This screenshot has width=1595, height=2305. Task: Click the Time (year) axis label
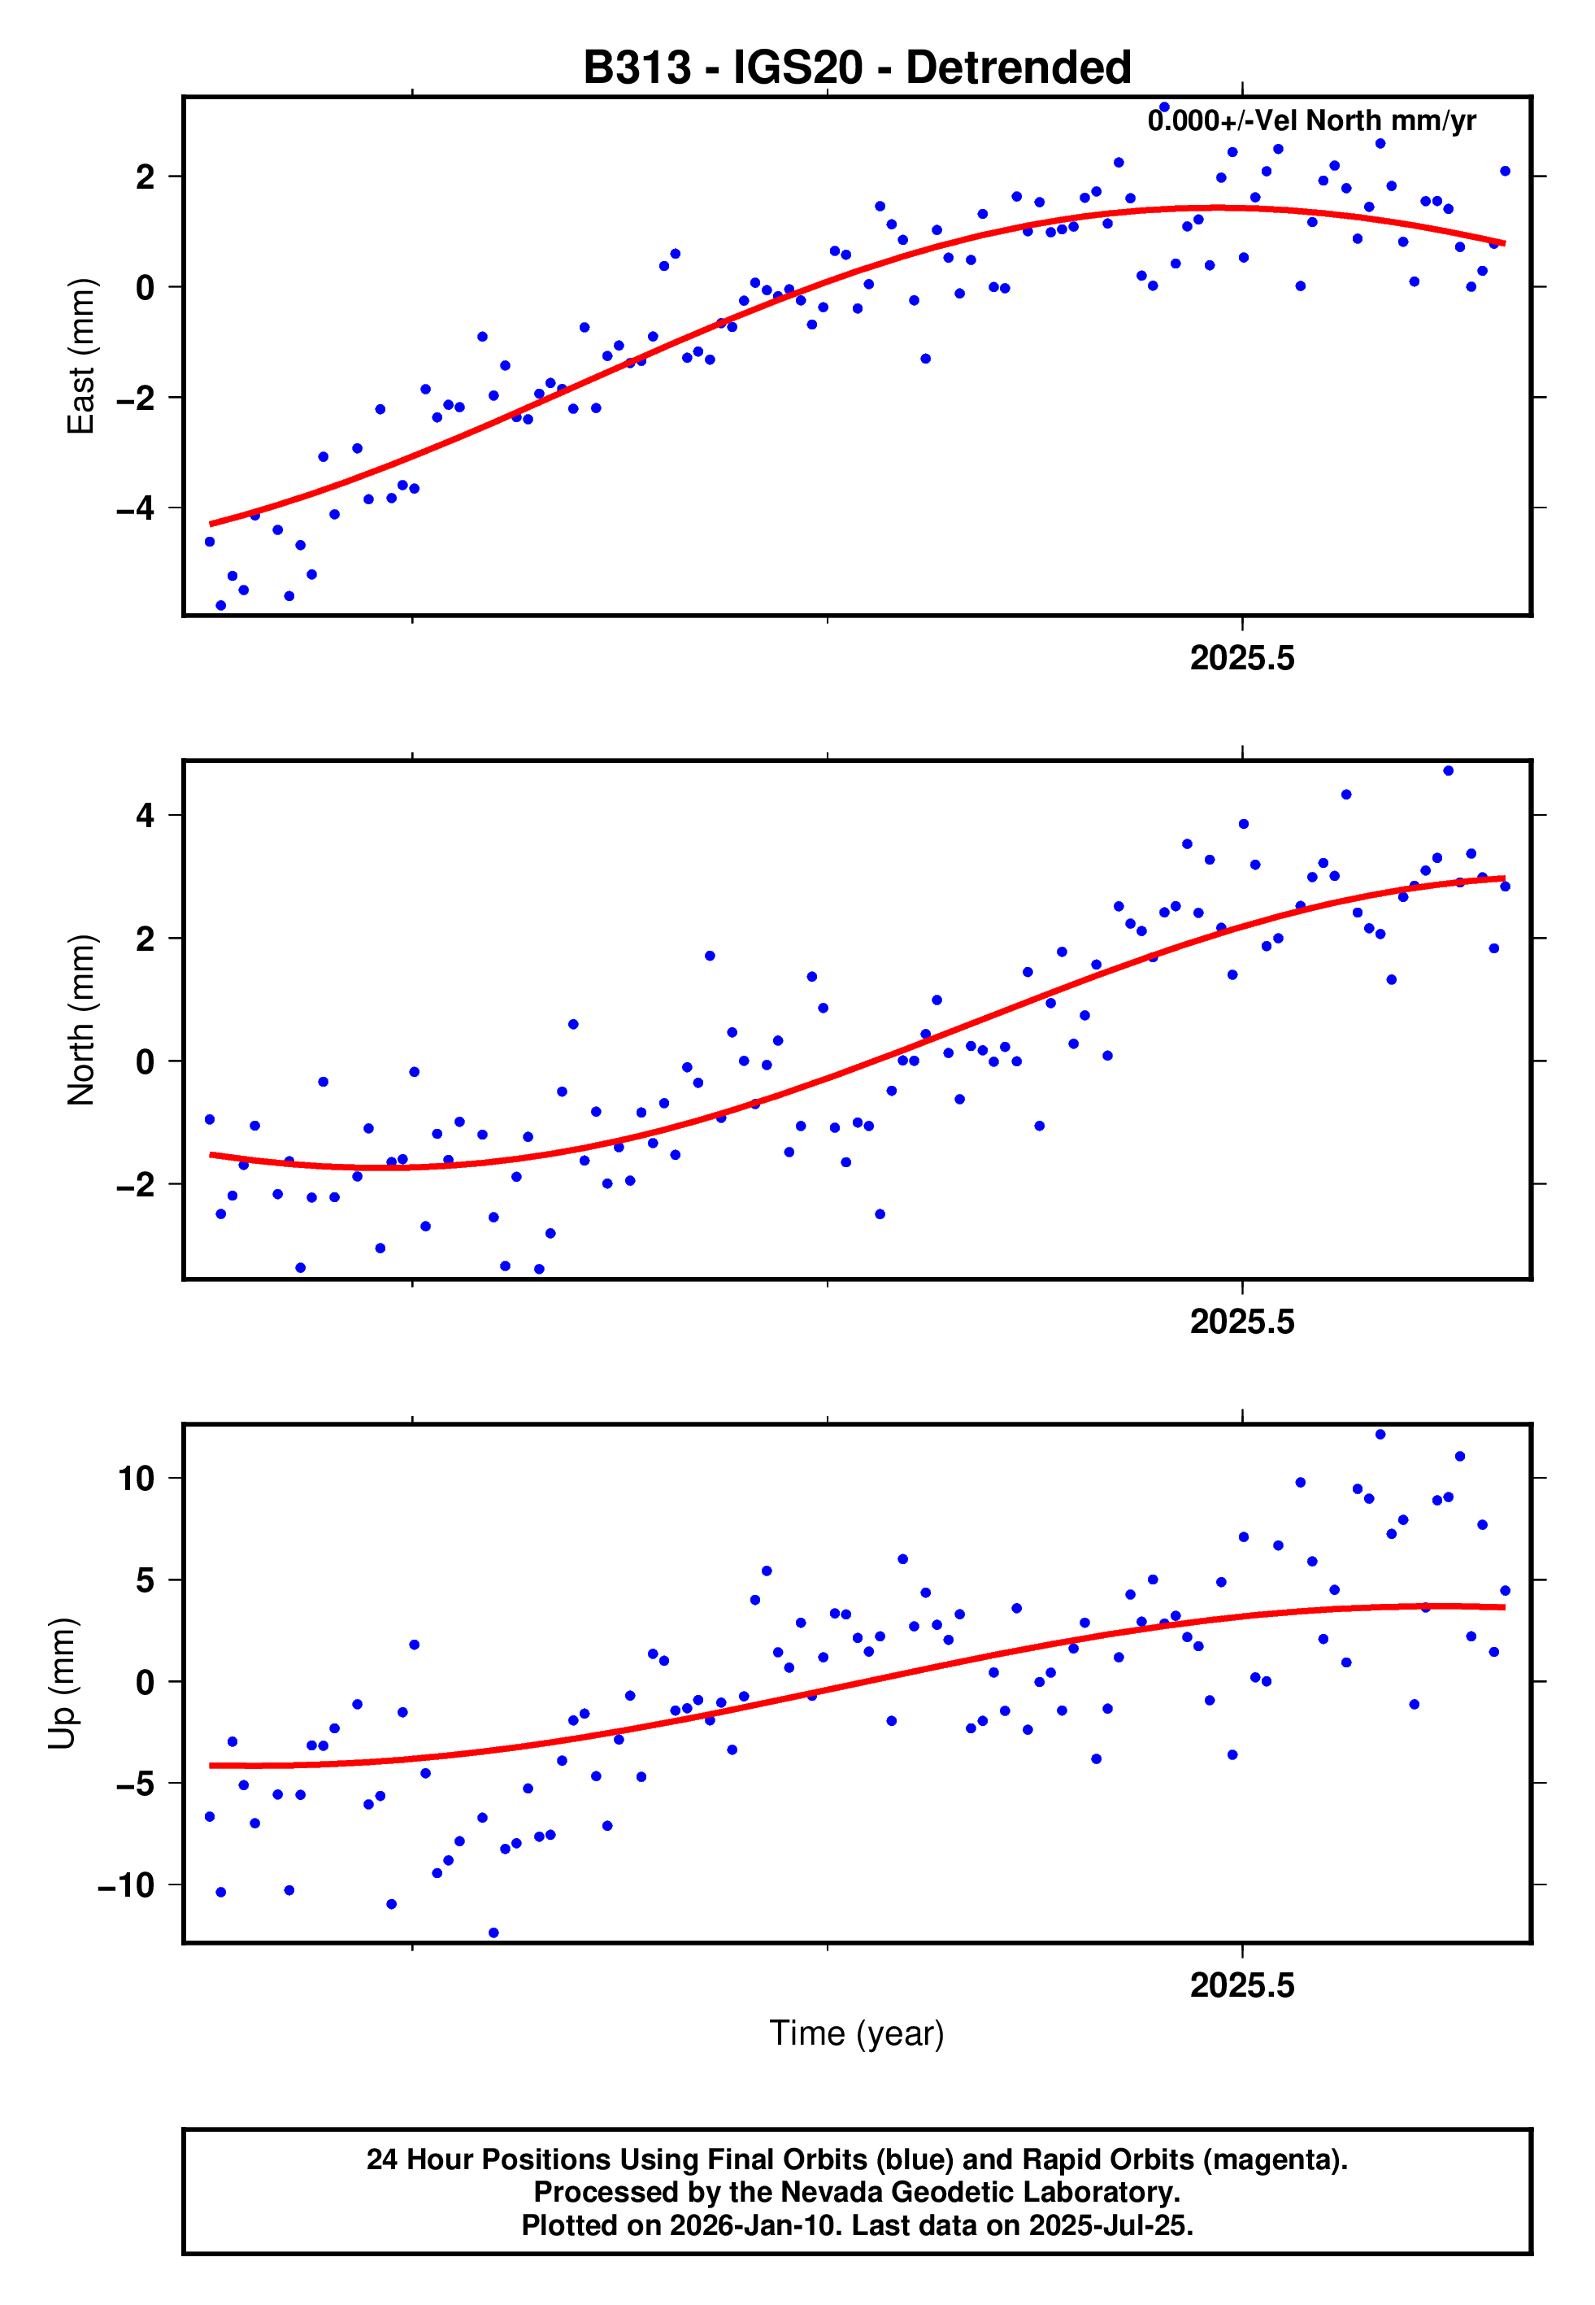pyautogui.click(x=857, y=2034)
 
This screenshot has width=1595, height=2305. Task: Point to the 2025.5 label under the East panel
pyautogui.click(x=1241, y=659)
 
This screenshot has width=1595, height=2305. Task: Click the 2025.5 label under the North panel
pyautogui.click(x=1241, y=1322)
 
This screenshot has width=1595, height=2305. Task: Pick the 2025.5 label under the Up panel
pyautogui.click(x=1241, y=1986)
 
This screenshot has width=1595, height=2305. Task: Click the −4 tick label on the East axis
pyautogui.click(x=135, y=509)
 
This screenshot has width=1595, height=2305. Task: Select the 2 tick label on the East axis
pyautogui.click(x=146, y=177)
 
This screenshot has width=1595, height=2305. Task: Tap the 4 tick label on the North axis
pyautogui.click(x=146, y=816)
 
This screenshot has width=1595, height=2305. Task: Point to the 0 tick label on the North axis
pyautogui.click(x=146, y=1061)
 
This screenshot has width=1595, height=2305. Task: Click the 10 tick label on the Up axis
pyautogui.click(x=136, y=1479)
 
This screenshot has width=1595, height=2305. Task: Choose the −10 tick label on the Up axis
pyautogui.click(x=126, y=1886)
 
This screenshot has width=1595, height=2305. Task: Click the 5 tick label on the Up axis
pyautogui.click(x=146, y=1580)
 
